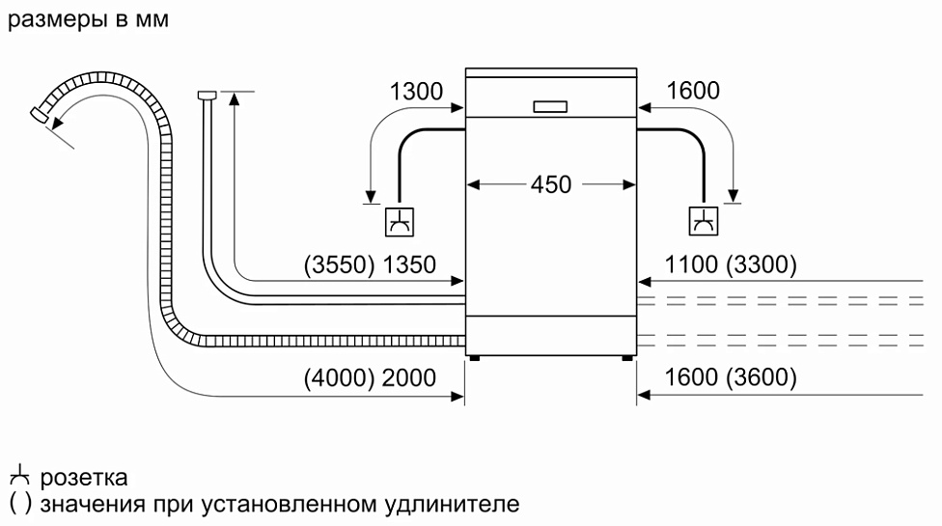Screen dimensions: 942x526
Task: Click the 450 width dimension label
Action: coord(551,184)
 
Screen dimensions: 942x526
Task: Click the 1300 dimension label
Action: coord(416,92)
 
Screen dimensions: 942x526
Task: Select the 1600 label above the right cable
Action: coord(693,91)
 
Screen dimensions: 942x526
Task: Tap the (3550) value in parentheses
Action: coord(340,264)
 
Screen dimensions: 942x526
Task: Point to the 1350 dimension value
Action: coord(409,264)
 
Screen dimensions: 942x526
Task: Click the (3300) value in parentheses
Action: coord(762,264)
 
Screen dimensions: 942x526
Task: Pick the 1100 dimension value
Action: coord(691,264)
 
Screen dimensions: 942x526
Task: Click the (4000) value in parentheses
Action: coord(340,378)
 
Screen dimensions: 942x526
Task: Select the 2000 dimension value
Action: coord(409,378)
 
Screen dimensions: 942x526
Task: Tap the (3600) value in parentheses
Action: coord(762,377)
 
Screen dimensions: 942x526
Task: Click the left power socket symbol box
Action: coord(399,222)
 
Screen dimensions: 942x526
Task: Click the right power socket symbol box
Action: coord(703,222)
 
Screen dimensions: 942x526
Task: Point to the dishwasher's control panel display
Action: coord(550,107)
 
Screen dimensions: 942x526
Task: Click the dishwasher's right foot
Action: coord(627,358)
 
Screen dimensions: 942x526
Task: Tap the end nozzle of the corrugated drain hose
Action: coord(40,114)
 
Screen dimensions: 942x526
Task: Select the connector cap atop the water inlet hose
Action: coord(207,95)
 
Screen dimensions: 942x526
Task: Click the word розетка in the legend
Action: coord(84,478)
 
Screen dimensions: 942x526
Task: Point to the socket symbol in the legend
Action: coord(19,476)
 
